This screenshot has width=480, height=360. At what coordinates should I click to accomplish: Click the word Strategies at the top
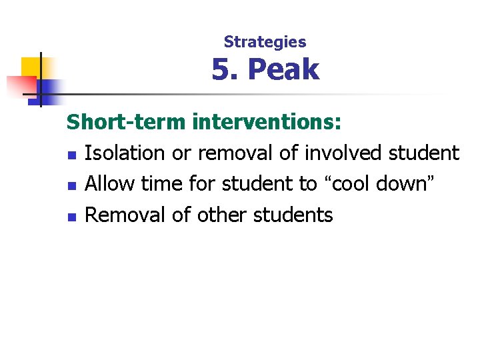(265, 42)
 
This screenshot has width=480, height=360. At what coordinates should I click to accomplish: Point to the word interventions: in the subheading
(267, 123)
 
